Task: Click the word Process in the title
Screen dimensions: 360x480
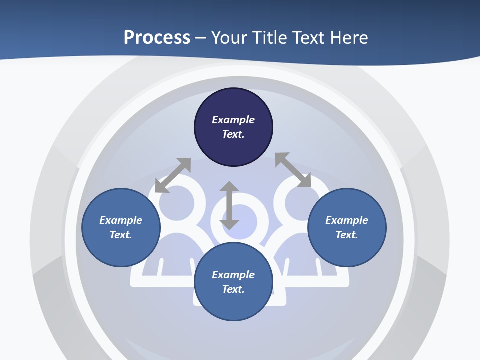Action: [157, 38]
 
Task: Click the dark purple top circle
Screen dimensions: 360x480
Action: [233, 105]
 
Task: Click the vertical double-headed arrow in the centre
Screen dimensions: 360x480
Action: [229, 205]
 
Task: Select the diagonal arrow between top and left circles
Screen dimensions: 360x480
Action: [173, 175]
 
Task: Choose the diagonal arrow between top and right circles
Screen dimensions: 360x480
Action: [293, 170]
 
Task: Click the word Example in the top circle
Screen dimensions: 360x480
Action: [233, 120]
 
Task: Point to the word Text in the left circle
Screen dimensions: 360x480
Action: [121, 235]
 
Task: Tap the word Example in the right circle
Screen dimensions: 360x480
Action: [347, 220]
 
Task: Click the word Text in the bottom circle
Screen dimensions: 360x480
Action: [233, 289]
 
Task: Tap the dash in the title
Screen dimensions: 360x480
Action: [201, 38]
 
